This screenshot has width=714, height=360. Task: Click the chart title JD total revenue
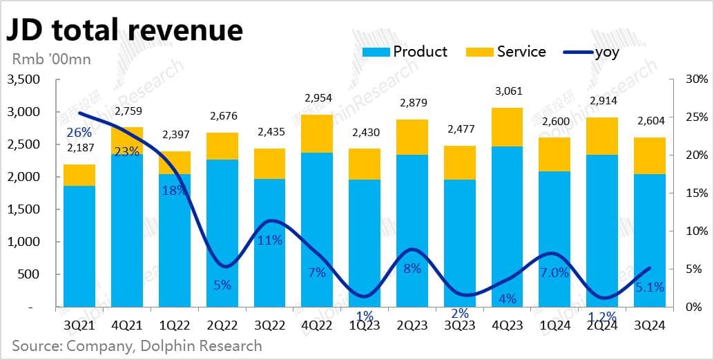coord(124,30)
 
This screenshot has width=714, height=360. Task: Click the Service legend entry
coord(508,52)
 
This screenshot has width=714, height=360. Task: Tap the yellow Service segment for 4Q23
coord(507,127)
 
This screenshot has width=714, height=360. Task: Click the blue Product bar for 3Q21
coord(79,245)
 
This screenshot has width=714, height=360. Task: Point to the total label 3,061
coord(507,90)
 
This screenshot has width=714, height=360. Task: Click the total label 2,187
coord(80,146)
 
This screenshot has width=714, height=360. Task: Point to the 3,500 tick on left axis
coord(24,79)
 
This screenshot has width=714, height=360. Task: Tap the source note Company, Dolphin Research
coord(137,345)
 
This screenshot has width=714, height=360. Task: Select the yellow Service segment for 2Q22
coord(222,146)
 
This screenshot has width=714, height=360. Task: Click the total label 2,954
coord(317,98)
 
